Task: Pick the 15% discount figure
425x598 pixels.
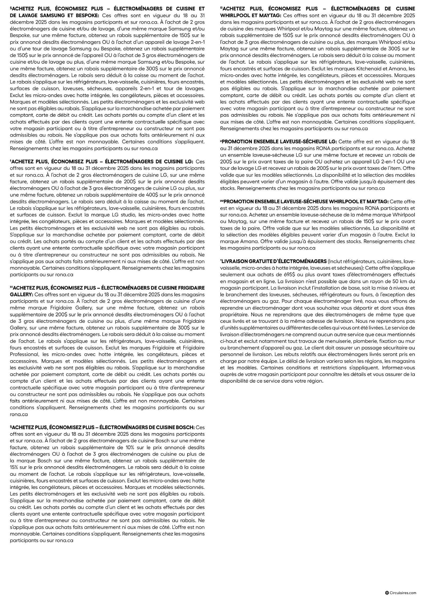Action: click(x=14, y=467)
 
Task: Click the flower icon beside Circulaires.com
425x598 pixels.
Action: click(x=387, y=593)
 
